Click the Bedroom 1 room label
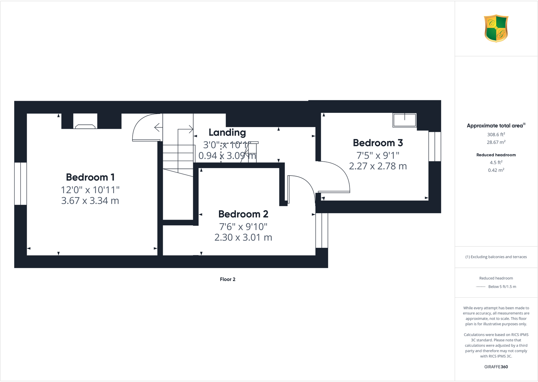coord(90,177)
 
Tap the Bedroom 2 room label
coord(243,214)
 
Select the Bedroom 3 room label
coord(378,143)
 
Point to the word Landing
coord(227,133)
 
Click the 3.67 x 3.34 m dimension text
coord(90,201)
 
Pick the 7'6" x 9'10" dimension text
coord(243,226)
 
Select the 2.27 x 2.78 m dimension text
coord(378,166)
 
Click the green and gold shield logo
coord(496,28)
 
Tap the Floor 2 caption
coord(227,279)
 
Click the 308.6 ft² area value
coord(496,135)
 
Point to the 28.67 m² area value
coord(496,142)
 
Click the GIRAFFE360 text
coord(496,367)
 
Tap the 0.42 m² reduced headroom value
coord(496,170)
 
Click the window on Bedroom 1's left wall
coord(20,184)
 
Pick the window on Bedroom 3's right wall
coord(435,146)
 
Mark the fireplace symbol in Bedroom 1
coord(85,126)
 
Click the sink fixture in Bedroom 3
coord(404,120)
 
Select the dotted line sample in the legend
coord(481,287)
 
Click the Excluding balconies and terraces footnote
coord(496,257)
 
